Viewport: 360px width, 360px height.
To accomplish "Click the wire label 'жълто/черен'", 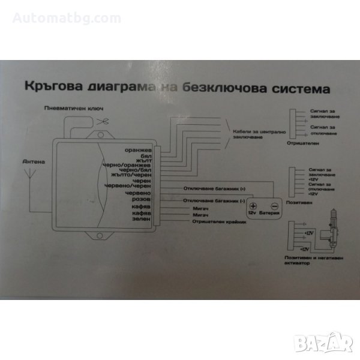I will coord(131,175).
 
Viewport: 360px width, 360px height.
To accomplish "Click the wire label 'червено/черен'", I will coord(128,186).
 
